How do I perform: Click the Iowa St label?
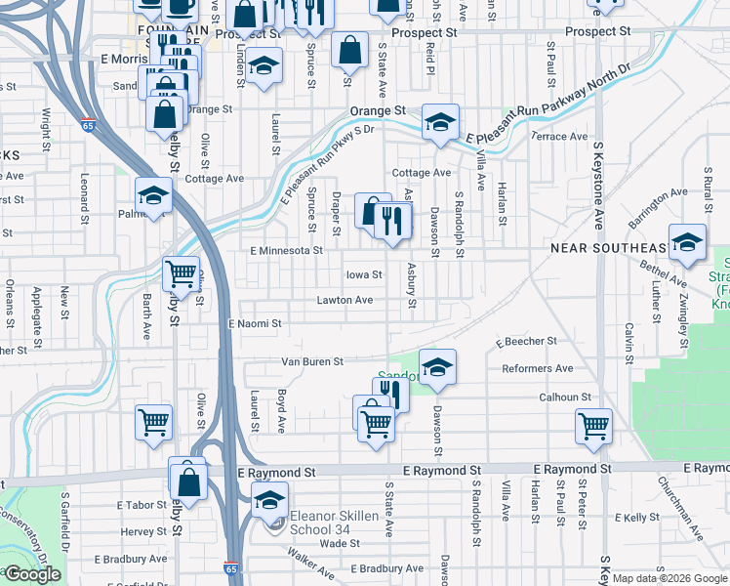[x=361, y=274]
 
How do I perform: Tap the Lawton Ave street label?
[x=344, y=300]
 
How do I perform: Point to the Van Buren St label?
[x=312, y=361]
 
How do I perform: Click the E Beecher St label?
[x=525, y=342]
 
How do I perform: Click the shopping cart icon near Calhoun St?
[x=593, y=425]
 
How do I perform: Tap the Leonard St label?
[x=85, y=194]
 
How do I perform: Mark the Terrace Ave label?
[x=559, y=137]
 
